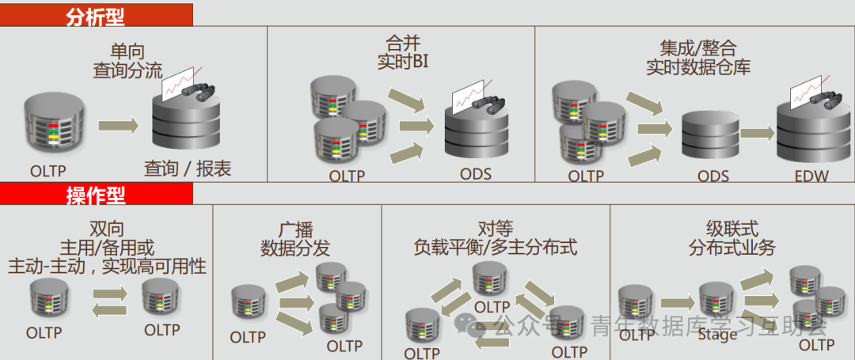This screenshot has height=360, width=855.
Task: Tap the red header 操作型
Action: click(95, 194)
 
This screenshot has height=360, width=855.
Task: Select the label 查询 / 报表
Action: click(188, 168)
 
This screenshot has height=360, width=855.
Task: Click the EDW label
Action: click(811, 176)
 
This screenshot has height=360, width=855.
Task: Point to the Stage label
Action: click(717, 333)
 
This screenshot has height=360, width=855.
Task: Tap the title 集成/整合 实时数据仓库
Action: click(697, 57)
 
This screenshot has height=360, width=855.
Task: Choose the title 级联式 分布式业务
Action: click(732, 237)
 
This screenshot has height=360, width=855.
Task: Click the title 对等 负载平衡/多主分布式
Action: click(496, 237)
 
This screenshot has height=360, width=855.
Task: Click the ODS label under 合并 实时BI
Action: click(475, 173)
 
